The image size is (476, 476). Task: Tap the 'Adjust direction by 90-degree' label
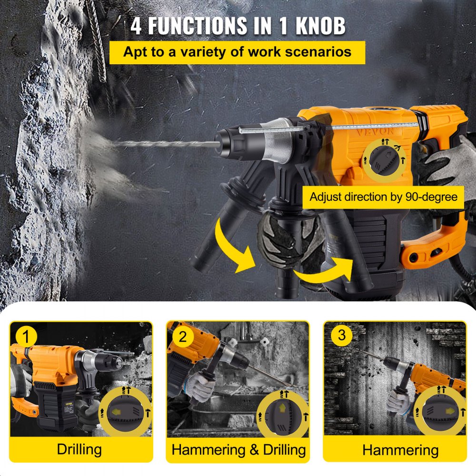point(383,197)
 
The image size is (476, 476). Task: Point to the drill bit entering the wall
point(157,141)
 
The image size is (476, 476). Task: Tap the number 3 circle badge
point(341,335)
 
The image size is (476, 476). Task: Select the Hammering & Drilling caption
point(238,449)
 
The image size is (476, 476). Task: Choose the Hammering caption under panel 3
point(400,449)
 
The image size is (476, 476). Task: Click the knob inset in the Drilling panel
point(125,412)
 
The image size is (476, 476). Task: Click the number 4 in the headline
point(137,26)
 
